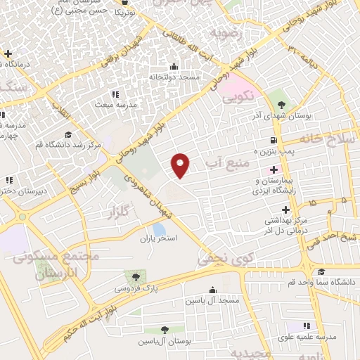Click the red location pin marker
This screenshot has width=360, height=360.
click(x=181, y=164)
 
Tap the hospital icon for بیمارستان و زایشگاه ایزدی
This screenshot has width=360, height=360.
click(x=274, y=170)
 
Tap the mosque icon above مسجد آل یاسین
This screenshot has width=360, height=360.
click(x=212, y=290)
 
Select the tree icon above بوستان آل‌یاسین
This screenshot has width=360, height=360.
click(x=164, y=329)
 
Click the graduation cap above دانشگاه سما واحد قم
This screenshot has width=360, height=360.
click(x=321, y=272)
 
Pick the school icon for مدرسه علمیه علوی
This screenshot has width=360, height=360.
click(x=307, y=326)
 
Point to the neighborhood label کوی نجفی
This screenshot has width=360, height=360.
click(x=214, y=259)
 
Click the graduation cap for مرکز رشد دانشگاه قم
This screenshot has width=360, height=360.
click(x=68, y=135)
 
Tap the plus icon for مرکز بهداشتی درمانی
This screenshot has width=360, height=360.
click(x=285, y=210)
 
